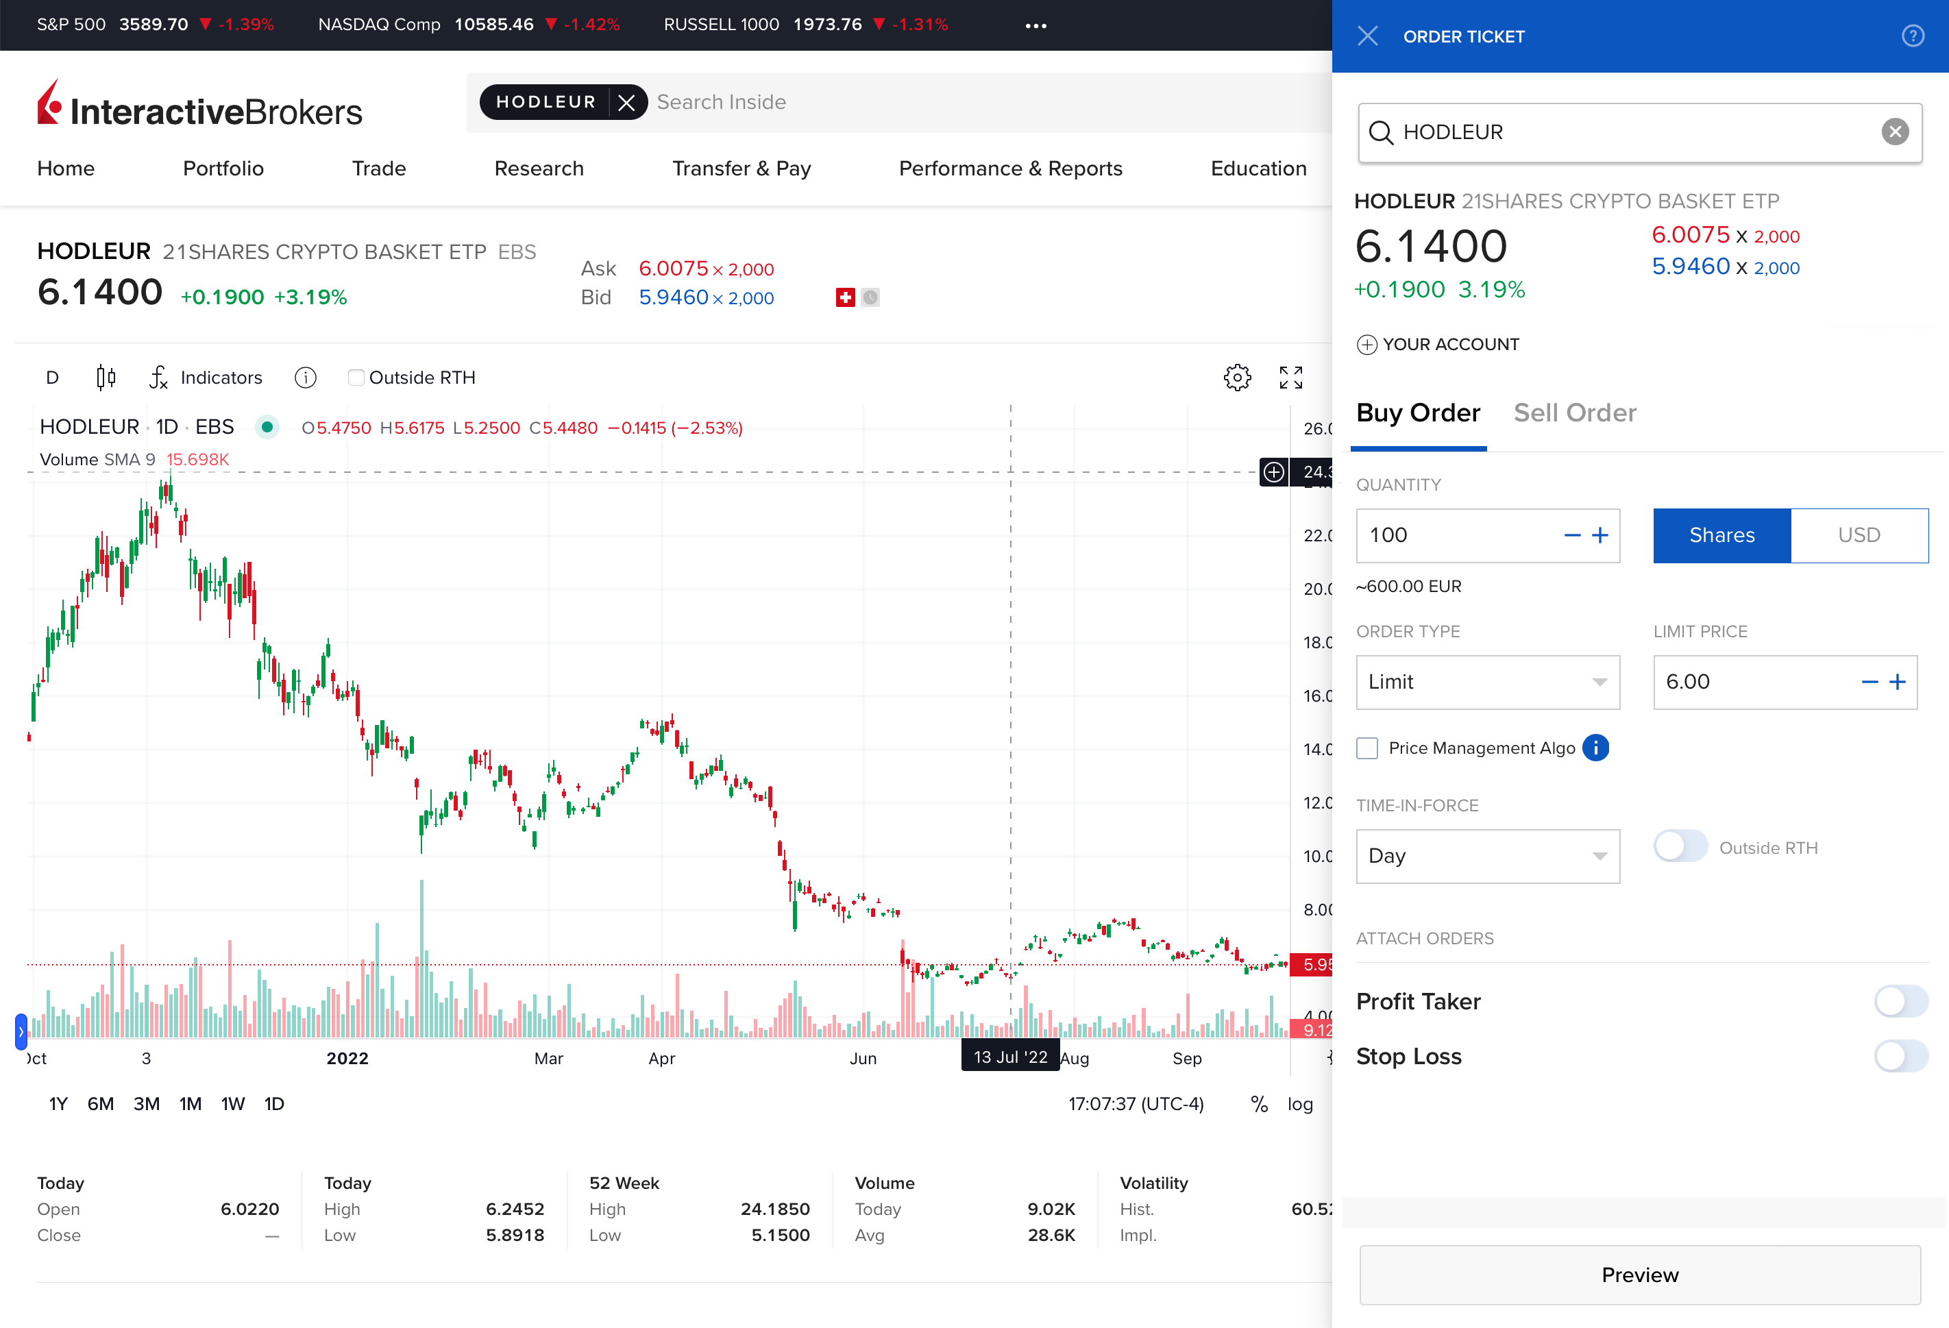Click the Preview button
pyautogui.click(x=1639, y=1275)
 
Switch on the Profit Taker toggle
pyautogui.click(x=1900, y=1001)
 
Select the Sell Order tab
pyautogui.click(x=1574, y=413)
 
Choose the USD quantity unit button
pyautogui.click(x=1859, y=535)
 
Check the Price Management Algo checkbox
pyautogui.click(x=1367, y=748)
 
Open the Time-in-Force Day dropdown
pyautogui.click(x=1487, y=856)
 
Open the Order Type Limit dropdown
pyautogui.click(x=1487, y=682)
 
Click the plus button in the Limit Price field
pyautogui.click(x=1898, y=682)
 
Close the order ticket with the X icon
pyautogui.click(x=1368, y=36)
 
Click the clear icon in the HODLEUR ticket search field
pyautogui.click(x=1894, y=132)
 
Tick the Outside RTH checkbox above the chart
pyautogui.click(x=356, y=378)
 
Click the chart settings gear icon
pyautogui.click(x=1237, y=378)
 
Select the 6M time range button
pyautogui.click(x=101, y=1103)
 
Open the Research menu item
pyautogui.click(x=539, y=169)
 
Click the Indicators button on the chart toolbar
pyautogui.click(x=206, y=378)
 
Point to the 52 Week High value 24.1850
pyautogui.click(x=775, y=1209)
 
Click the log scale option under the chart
pyautogui.click(x=1300, y=1103)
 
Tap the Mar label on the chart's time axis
pyautogui.click(x=548, y=1058)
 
